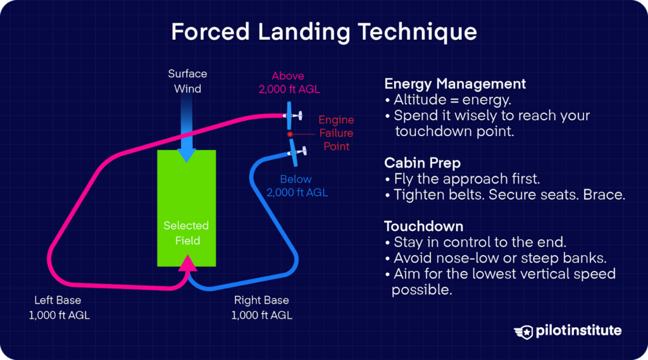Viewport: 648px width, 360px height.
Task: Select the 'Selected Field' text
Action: pos(186,233)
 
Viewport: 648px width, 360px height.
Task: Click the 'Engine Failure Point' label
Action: pos(336,133)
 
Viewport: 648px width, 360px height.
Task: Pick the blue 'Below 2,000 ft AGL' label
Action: pos(297,186)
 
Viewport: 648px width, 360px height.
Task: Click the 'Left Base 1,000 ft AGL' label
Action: pos(59,307)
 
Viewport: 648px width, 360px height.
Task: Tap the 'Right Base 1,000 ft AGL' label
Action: pos(261,307)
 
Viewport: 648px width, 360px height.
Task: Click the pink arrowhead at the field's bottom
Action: pos(186,263)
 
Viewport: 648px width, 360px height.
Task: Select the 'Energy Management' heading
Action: pos(455,84)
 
